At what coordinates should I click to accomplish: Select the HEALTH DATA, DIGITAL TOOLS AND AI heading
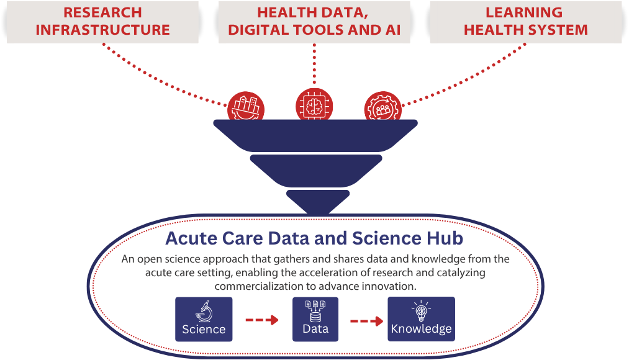coord(314,22)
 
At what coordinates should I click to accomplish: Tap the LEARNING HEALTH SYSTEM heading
coord(525,22)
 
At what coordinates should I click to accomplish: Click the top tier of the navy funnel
coord(315,134)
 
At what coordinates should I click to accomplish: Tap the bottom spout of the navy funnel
coord(315,200)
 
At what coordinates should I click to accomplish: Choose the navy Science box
coord(204,319)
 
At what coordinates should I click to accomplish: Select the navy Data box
coord(315,319)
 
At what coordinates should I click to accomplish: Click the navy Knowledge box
coord(421,319)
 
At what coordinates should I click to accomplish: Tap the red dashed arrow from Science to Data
coord(262,321)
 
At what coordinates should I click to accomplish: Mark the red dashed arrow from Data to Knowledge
coord(366,321)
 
